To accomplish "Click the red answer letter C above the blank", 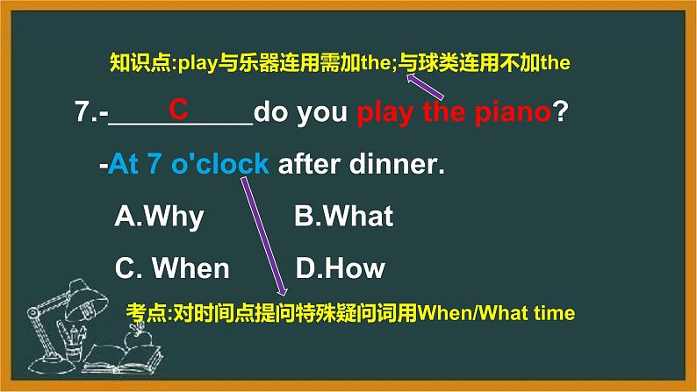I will pos(179,110).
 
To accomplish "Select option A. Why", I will pos(159,217).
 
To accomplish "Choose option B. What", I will pos(343,217).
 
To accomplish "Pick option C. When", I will pos(172,268).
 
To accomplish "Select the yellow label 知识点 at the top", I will pos(135,62).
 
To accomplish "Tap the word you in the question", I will pos(324,114).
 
